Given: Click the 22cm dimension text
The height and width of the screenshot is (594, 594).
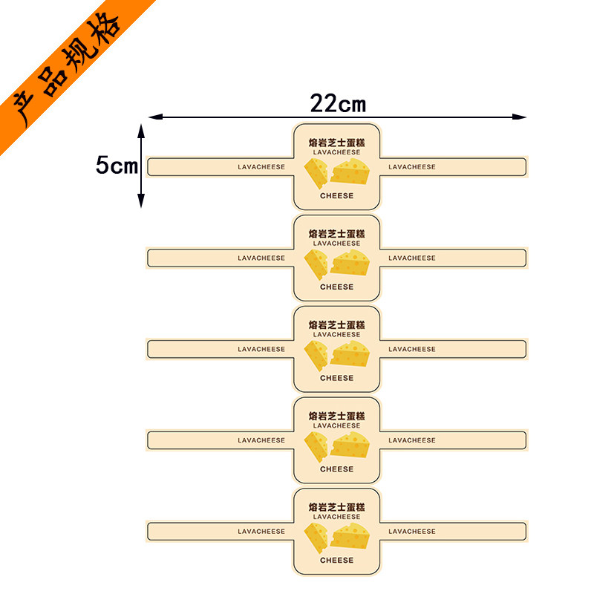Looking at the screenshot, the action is tap(338, 103).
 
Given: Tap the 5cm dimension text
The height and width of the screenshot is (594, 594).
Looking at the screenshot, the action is tap(117, 165).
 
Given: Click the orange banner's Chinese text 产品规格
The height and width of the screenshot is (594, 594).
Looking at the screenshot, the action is tap(67, 68).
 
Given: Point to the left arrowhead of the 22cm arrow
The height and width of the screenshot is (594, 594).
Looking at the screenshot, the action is tap(156, 117).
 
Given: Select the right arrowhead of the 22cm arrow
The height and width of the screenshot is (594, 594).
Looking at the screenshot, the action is tap(519, 117).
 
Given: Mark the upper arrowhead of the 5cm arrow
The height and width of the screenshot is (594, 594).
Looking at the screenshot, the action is tap(141, 131).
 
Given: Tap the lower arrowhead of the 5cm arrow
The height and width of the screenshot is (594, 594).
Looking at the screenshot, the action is tap(141, 200).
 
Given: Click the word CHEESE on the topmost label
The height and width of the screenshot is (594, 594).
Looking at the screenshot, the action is tap(337, 196).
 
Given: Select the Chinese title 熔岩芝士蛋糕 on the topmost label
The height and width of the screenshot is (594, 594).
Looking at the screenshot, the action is tap(337, 143).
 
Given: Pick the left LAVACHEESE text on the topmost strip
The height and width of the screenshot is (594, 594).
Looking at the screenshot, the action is tap(261, 167).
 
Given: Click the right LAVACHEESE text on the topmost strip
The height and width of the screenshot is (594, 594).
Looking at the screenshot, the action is tap(412, 167).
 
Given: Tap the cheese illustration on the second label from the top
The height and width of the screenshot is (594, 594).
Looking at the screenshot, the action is tap(337, 264).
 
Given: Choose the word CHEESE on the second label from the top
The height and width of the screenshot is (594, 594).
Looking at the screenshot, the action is tap(337, 287).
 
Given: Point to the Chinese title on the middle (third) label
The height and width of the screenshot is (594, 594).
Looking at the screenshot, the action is tap(337, 325).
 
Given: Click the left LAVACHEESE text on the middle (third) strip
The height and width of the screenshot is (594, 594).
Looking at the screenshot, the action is tap(261, 349).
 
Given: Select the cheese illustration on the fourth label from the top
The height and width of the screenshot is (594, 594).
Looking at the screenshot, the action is tap(337, 446).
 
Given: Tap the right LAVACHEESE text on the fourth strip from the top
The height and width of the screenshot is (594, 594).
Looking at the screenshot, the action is tap(412, 440).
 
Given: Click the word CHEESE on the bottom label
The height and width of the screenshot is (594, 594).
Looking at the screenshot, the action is tap(337, 561).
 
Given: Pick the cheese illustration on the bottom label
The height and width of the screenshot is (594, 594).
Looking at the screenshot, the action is tap(337, 538).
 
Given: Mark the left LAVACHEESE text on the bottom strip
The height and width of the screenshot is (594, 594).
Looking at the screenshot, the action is tap(261, 532).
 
